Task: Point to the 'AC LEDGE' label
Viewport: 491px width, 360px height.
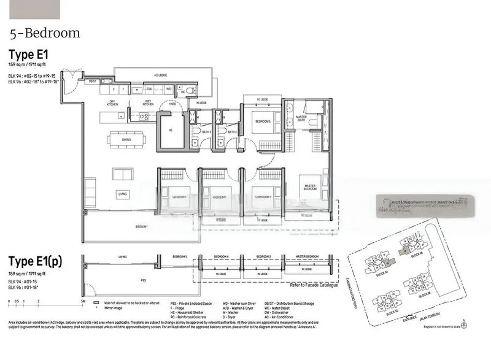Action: tap(161, 76)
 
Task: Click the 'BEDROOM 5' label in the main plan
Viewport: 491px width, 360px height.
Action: tap(263, 120)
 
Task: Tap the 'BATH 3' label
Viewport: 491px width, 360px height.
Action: tap(207, 132)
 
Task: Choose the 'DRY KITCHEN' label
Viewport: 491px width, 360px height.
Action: tap(112, 102)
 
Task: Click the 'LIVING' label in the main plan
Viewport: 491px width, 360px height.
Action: tap(123, 194)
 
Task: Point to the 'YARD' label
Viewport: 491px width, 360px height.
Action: tap(173, 104)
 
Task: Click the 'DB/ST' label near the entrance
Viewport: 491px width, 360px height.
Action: tap(93, 81)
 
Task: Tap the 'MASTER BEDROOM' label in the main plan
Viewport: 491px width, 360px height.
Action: tap(310, 186)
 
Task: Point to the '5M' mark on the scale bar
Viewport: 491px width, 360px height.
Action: tap(82, 302)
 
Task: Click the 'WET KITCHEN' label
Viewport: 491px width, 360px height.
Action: tap(148, 102)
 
